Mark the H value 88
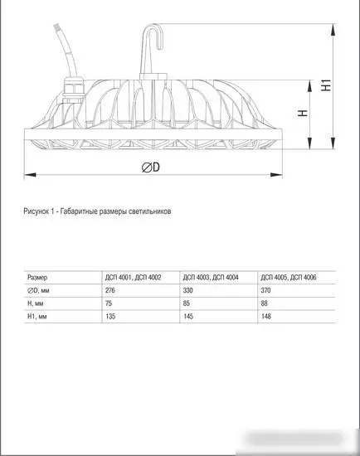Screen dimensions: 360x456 (263, 303)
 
